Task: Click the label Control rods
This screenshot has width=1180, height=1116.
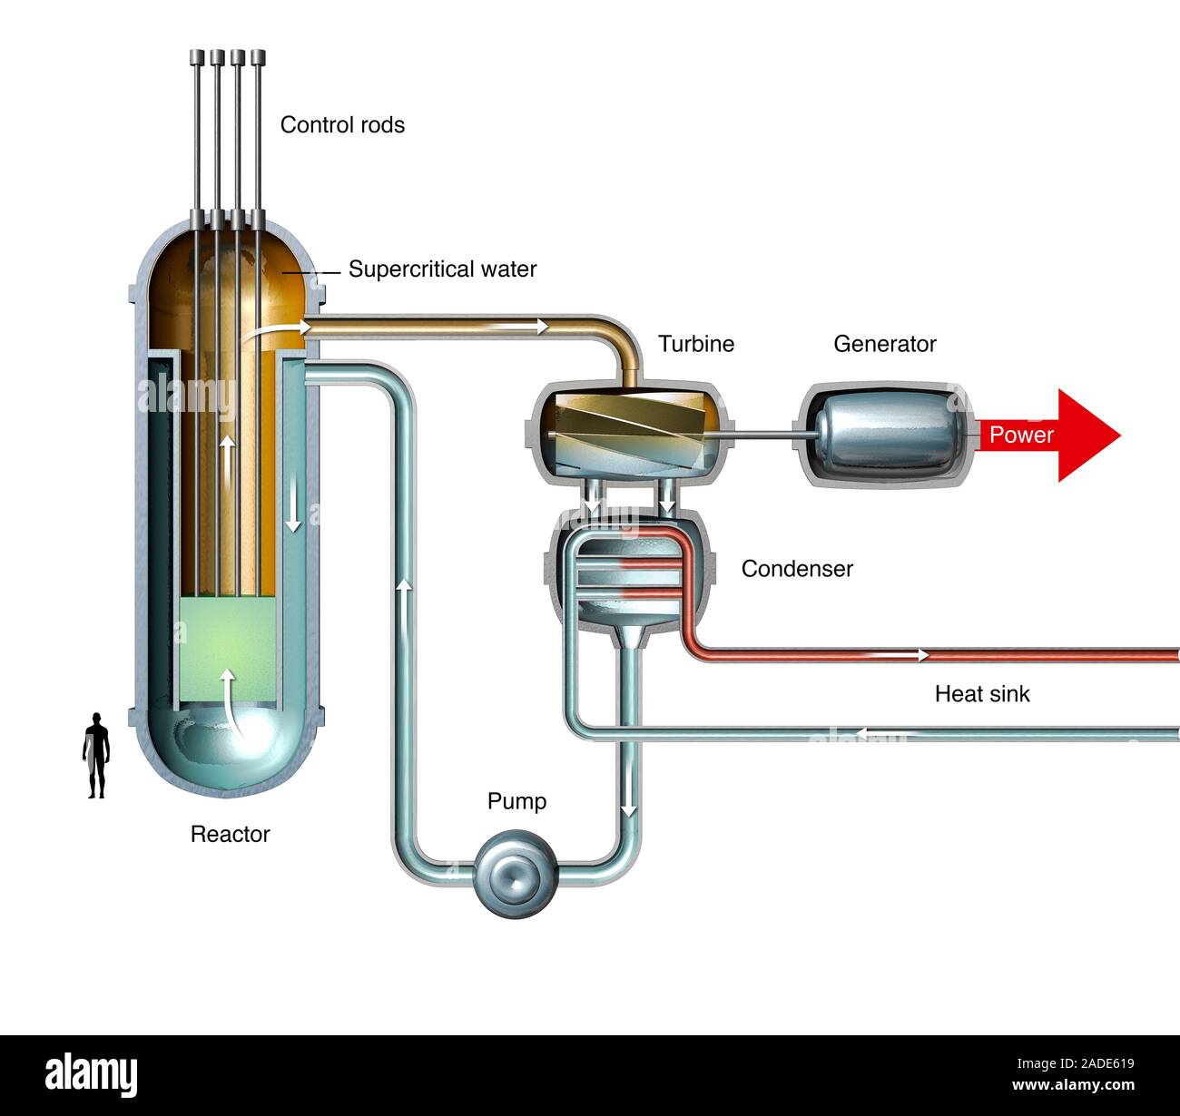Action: tap(342, 124)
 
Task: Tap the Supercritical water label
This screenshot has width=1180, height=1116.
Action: tap(442, 269)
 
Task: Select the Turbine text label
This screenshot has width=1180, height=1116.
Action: tap(696, 344)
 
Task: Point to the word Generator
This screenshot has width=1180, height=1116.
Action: tap(884, 344)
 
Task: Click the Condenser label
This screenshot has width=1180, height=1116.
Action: tap(797, 569)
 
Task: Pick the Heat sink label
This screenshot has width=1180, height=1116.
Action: tap(982, 694)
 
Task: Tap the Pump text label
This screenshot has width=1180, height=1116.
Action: tap(516, 801)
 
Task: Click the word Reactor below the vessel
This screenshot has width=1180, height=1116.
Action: tap(230, 834)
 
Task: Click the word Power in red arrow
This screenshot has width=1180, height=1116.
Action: tap(1021, 435)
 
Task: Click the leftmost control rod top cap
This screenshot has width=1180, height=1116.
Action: tap(197, 57)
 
